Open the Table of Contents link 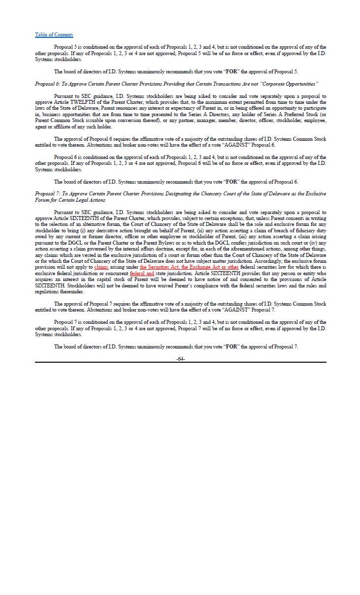coord(54,34)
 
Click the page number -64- coord(180,359)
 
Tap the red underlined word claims coord(101,267)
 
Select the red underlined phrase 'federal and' coord(142,273)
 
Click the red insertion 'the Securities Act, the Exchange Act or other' coord(189,267)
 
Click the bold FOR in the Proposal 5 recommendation coord(231,72)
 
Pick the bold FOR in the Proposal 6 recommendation coord(231,182)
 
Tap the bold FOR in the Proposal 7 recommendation coord(231,347)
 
